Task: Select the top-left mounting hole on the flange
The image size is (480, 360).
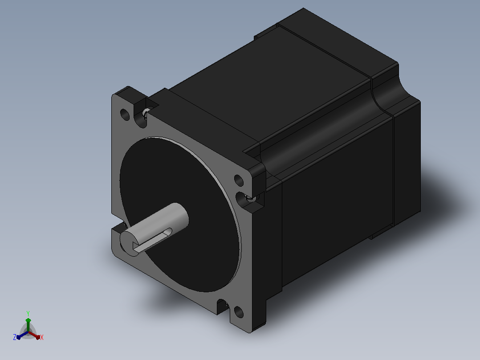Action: tap(125, 114)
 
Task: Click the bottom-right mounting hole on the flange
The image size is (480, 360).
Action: tap(239, 312)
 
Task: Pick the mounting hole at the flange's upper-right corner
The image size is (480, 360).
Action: tap(239, 180)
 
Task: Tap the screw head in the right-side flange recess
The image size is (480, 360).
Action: tap(251, 198)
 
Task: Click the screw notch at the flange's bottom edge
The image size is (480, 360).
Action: tap(223, 307)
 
